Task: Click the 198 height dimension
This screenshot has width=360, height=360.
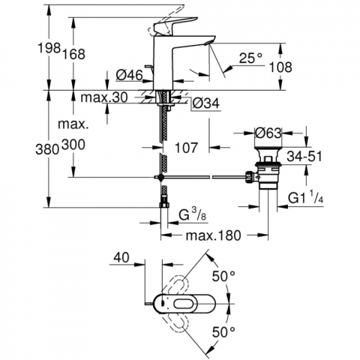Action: coord(49,48)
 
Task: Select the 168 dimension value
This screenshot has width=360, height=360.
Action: coord(73,54)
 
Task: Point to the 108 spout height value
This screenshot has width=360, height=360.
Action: coord(280,67)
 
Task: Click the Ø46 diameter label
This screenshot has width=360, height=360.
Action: coord(130,75)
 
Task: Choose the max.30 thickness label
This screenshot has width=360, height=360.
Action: coord(104,97)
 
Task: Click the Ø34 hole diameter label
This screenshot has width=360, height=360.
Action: coord(206,103)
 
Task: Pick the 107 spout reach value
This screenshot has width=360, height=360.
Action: coord(186,148)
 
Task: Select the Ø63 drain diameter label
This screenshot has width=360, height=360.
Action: coord(268,133)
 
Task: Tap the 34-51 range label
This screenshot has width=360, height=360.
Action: coord(304,157)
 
